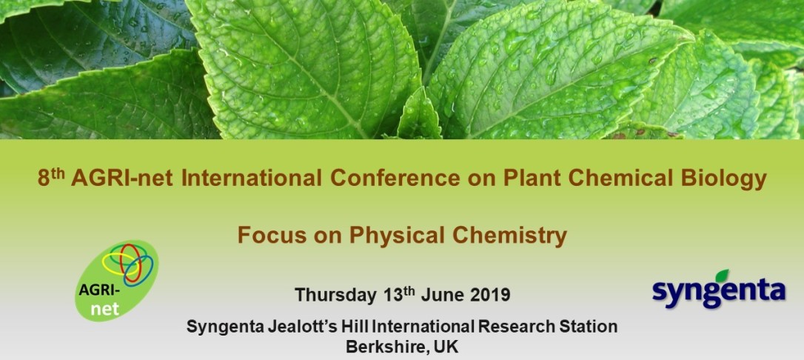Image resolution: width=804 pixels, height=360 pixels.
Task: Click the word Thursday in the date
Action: click(x=335, y=296)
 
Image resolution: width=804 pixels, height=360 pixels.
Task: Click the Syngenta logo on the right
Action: click(x=718, y=289)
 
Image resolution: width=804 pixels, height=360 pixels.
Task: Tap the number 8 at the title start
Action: click(x=43, y=179)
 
